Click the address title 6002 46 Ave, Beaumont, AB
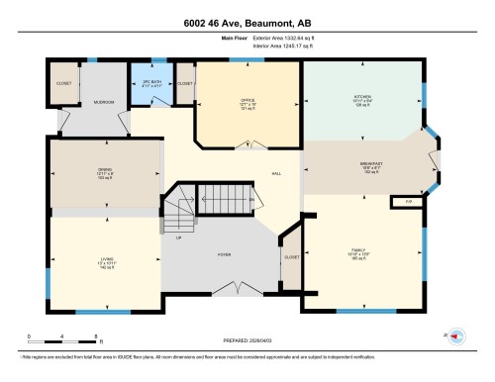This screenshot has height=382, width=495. (247, 23)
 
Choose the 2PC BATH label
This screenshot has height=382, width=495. (149, 82)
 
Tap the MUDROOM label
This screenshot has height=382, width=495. (105, 102)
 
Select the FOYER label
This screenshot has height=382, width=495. (225, 254)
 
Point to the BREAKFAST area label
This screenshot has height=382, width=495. (370, 164)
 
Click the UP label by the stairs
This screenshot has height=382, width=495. (178, 238)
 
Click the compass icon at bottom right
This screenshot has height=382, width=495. (457, 335)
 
